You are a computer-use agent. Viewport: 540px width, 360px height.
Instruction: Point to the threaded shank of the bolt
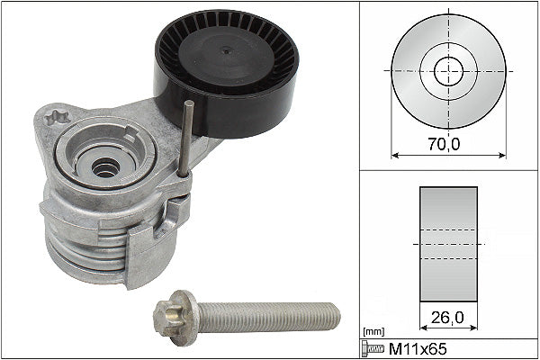pyautogui.click(x=270, y=316)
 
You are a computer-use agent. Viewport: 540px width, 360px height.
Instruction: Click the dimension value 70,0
pyautogui.click(x=447, y=140)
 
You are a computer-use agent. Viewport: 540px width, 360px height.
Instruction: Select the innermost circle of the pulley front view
pyautogui.click(x=448, y=70)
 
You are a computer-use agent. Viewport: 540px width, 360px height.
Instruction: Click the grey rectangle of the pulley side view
pyautogui.click(x=448, y=243)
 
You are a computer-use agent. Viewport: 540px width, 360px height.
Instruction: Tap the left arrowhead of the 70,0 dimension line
pyautogui.click(x=393, y=154)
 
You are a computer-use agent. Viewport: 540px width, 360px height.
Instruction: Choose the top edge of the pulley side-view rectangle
pyautogui.click(x=448, y=188)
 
